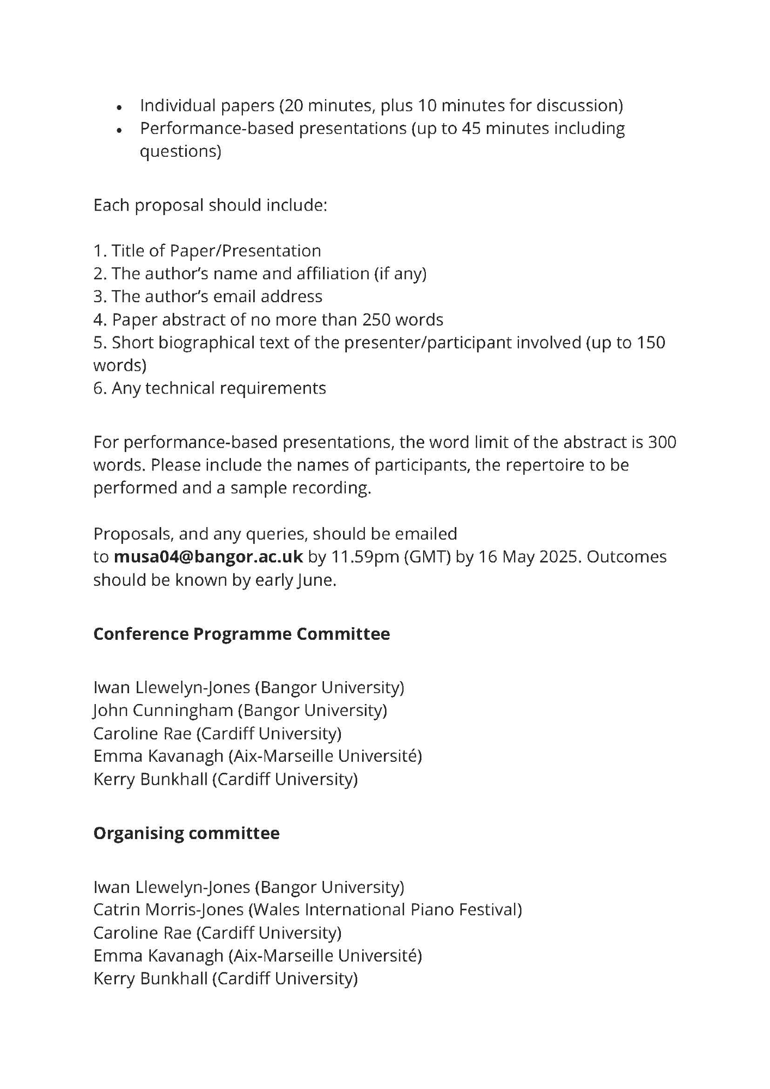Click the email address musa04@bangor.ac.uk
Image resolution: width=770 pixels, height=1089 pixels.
(208, 557)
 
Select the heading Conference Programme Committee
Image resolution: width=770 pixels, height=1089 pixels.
(241, 634)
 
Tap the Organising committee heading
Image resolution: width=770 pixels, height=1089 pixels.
(186, 833)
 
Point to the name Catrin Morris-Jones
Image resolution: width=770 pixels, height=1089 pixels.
(168, 909)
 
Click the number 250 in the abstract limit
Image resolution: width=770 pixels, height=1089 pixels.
(376, 320)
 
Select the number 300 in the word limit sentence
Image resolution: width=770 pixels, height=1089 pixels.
(662, 442)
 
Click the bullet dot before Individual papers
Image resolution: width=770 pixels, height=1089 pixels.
(119, 107)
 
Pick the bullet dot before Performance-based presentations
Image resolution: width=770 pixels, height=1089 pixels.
(119, 131)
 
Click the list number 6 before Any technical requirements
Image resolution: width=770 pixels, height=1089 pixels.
(98, 388)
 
